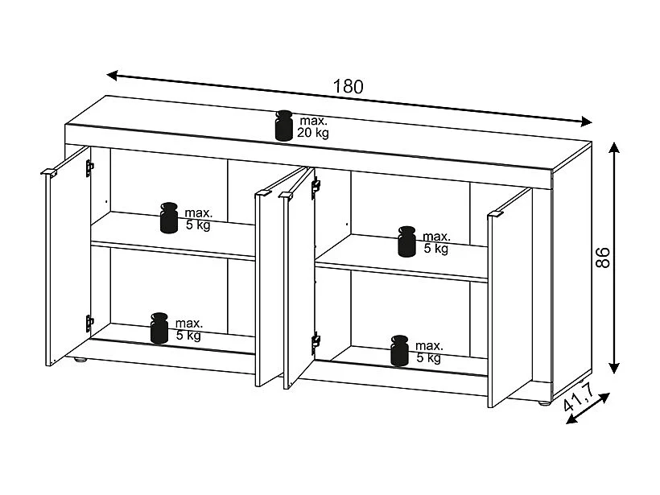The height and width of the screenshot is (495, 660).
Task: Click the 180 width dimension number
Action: (348, 86)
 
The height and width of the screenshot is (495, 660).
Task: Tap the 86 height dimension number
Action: (603, 258)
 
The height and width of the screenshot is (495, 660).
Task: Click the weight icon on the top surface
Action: (283, 126)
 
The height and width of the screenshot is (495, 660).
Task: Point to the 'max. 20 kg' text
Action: (313, 126)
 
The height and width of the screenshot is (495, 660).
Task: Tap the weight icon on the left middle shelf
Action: (169, 217)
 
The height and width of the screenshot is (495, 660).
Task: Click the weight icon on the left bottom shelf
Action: (159, 328)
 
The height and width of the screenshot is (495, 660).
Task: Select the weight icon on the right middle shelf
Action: (406, 241)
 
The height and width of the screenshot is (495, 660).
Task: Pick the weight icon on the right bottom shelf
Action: (399, 351)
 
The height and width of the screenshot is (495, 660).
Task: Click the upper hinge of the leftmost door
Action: (89, 168)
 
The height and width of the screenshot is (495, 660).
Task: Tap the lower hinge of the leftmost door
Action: (89, 324)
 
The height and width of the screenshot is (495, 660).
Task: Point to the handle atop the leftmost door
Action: (49, 172)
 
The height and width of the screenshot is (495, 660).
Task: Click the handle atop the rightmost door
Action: (496, 215)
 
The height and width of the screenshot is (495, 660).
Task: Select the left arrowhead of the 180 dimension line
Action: (112, 76)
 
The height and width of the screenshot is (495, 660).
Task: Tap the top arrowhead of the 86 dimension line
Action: (614, 148)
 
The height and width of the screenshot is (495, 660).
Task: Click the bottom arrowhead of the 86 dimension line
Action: (614, 368)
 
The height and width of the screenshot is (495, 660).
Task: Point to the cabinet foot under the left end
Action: (80, 360)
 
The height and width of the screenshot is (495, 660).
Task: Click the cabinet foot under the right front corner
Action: (544, 403)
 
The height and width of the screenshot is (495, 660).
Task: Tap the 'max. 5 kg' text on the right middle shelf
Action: (435, 242)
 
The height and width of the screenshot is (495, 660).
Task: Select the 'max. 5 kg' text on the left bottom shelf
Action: (188, 329)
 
